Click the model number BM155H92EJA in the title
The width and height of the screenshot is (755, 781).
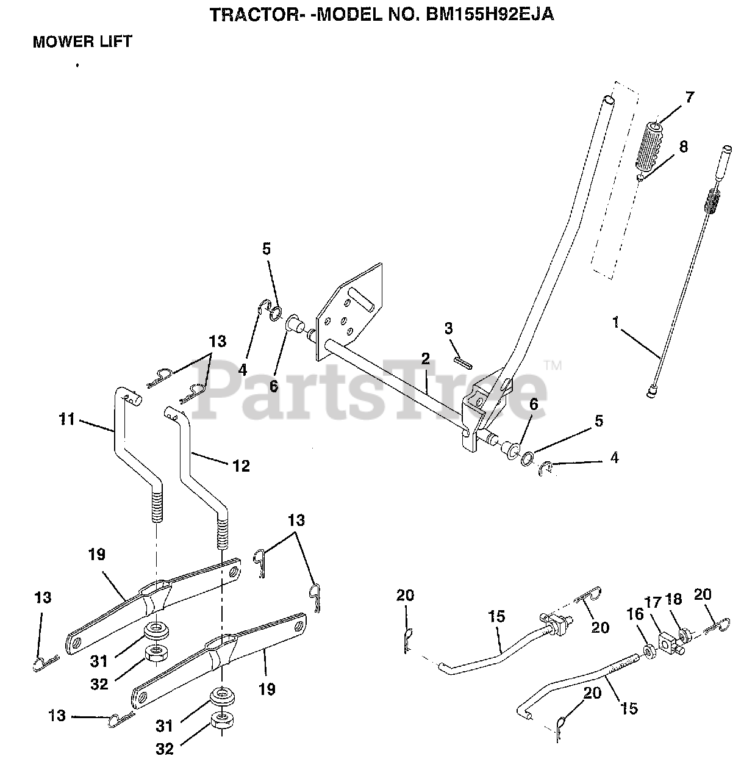pyautogui.click(x=490, y=15)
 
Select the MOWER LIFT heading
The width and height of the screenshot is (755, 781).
pyautogui.click(x=82, y=41)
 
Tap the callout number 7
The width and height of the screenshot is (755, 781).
pyautogui.click(x=690, y=97)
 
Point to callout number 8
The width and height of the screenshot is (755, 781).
pyautogui.click(x=684, y=146)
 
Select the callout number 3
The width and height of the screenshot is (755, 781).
pyautogui.click(x=448, y=328)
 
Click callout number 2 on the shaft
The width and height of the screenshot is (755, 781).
pyautogui.click(x=425, y=358)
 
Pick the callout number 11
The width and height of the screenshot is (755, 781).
pyautogui.click(x=67, y=419)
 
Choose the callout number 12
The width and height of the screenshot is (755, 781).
pyautogui.click(x=241, y=466)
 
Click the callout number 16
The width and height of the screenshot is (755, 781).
pyautogui.click(x=635, y=614)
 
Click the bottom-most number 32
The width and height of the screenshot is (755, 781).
pyautogui.click(x=165, y=749)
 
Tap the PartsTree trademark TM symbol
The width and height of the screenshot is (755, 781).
pyautogui.click(x=553, y=365)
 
